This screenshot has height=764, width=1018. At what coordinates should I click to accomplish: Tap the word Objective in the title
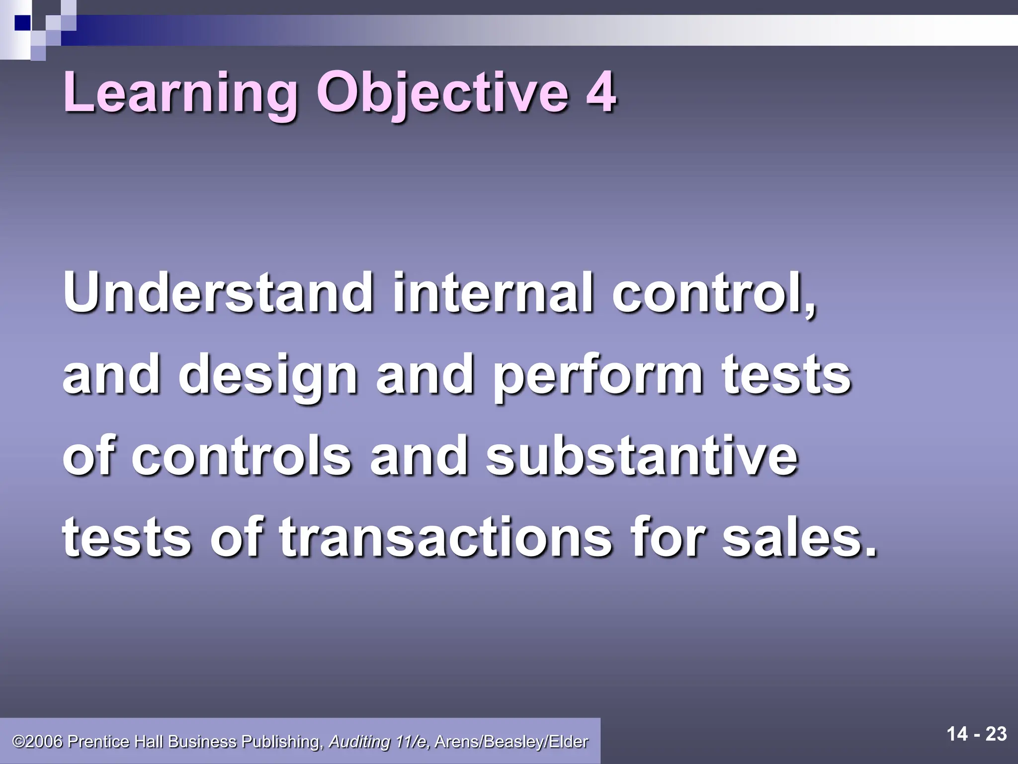tap(443, 93)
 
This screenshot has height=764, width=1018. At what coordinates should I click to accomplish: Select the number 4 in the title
tap(601, 93)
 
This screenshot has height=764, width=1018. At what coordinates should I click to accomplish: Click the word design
tap(268, 377)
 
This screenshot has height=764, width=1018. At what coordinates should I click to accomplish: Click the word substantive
tap(642, 457)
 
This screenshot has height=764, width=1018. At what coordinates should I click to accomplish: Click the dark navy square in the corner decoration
tap(22, 22)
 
